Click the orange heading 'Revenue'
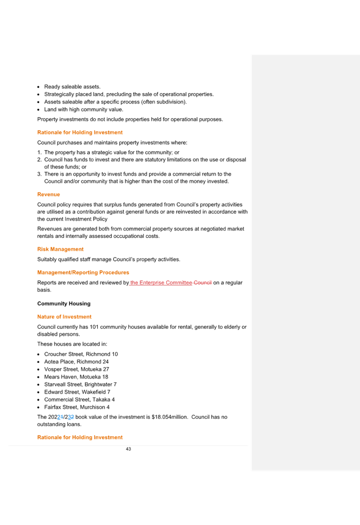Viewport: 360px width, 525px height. (x=49, y=195)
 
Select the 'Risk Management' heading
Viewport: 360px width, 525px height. (x=60, y=249)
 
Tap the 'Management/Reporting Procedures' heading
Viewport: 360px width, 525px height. (x=83, y=272)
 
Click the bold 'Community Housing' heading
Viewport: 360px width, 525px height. (x=64, y=304)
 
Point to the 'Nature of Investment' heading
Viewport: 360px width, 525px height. (x=64, y=317)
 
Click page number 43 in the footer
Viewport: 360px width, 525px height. (x=129, y=449)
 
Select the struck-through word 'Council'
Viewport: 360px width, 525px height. (x=203, y=282)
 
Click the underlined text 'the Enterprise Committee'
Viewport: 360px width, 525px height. (x=161, y=282)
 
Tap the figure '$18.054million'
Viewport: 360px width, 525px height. (x=170, y=417)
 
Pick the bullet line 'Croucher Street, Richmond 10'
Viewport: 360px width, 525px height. (x=81, y=354)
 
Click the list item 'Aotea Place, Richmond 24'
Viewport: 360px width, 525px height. (x=76, y=362)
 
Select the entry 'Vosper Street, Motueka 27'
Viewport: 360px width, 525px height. (x=77, y=369)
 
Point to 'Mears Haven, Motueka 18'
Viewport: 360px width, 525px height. (x=76, y=377)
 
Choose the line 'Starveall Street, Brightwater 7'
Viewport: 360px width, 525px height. (x=80, y=385)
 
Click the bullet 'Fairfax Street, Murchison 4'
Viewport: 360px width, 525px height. (x=77, y=407)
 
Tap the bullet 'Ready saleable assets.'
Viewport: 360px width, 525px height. (x=72, y=87)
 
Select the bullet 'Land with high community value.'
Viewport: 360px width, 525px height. (x=84, y=109)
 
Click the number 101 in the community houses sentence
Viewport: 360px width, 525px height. (x=94, y=327)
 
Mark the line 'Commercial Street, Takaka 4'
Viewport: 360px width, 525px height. (x=79, y=400)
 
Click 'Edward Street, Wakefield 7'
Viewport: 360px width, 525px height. (x=77, y=392)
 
